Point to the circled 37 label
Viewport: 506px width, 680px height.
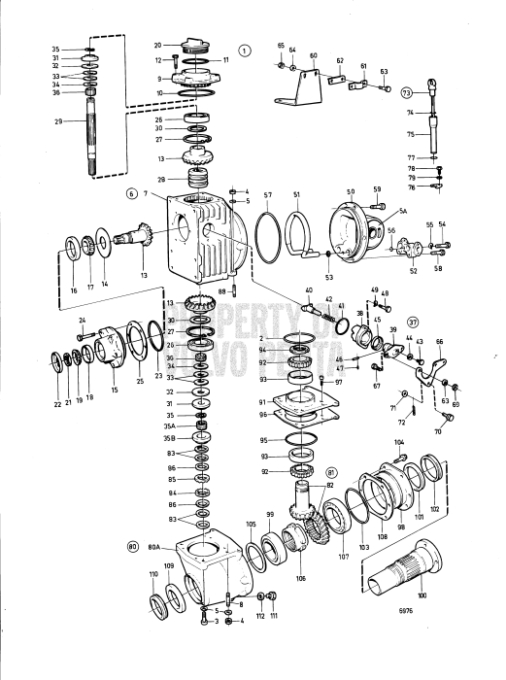click(x=413, y=323)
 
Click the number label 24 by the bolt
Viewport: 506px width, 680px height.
click(x=83, y=321)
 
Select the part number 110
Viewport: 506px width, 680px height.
click(x=153, y=575)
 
